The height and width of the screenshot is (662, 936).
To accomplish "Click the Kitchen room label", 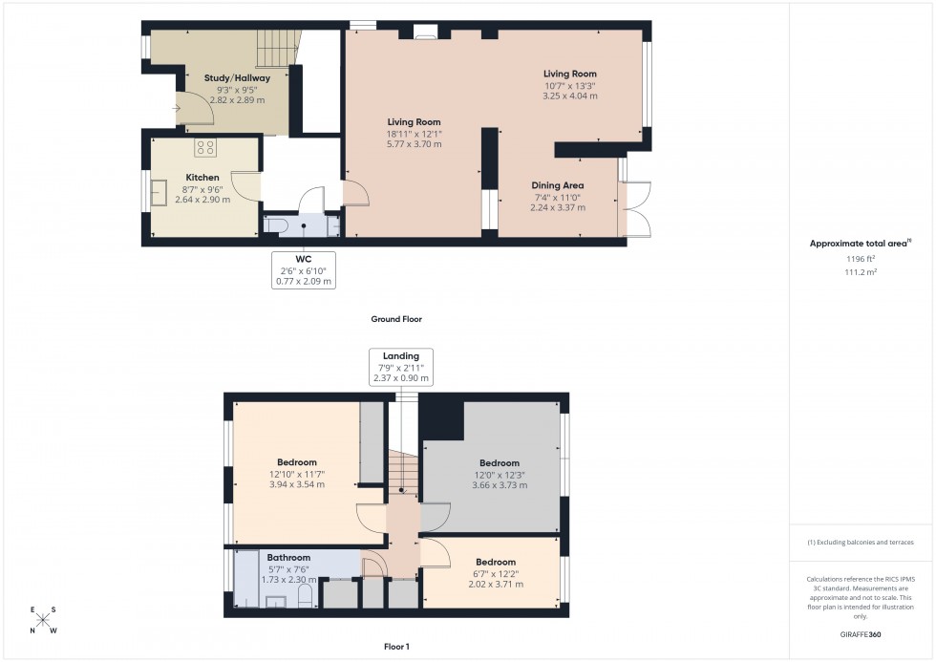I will pos(202,178).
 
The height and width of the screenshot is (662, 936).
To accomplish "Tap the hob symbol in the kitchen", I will pos(204,147).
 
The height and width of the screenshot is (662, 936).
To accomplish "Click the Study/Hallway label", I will pos(237,78).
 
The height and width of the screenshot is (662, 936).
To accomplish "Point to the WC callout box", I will pos(304,269).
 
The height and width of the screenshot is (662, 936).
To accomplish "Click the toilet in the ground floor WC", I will pos(276,225).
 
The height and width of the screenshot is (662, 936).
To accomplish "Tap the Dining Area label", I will pos(558,185).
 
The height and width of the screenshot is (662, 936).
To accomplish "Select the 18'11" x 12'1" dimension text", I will pos(414,134).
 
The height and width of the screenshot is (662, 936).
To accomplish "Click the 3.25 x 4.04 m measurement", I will pos(570,96).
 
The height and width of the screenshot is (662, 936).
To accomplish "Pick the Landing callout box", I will pos(401,367).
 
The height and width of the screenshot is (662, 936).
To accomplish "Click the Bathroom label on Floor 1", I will pos(288,558).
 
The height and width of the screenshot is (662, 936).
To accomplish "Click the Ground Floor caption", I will pos(396,319).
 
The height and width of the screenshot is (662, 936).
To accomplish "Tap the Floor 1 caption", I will pos(395,647).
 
